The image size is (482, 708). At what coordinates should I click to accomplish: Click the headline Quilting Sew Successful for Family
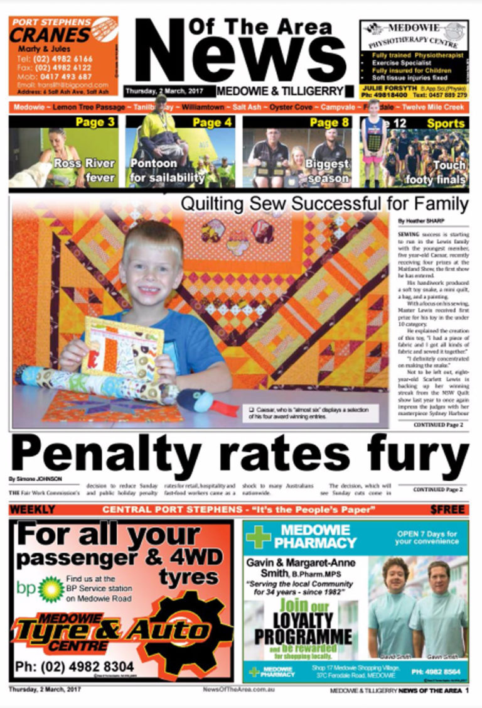[324, 204]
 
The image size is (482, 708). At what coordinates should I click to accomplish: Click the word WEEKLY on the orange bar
[32, 509]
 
